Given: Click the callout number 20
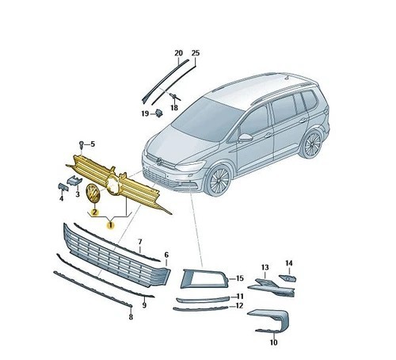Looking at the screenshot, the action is pos(179,53).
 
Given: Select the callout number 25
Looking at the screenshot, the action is pos(196,53).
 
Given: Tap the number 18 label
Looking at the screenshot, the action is pos(174,108).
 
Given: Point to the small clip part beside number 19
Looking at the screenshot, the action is pos(159,113).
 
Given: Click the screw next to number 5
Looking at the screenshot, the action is pos(82,144).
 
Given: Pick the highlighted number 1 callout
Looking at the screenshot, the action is pos(110,225).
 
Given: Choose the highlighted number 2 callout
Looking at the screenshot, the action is pos(94,212).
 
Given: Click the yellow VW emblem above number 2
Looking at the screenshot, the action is pos(93,193).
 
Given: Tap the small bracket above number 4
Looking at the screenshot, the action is pos(63,186).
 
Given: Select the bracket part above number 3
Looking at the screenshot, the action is pos(74,181).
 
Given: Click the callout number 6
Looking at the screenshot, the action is pos(166,255).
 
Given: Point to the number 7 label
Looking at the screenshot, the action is pos(140,242).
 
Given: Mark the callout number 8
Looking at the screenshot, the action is pos(131,317).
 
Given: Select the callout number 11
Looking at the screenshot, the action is pos(239,297).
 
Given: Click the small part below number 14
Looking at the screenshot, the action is pos(287,278).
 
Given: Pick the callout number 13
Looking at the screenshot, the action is pos(265,267).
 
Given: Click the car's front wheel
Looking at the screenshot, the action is pos(219,180).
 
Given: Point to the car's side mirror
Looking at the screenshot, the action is pos(246,138).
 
